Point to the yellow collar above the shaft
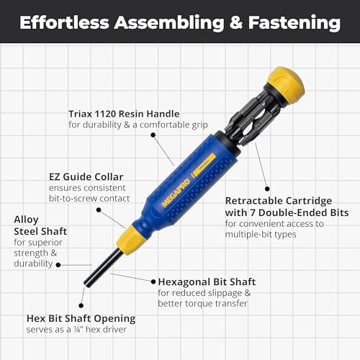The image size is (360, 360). click(132, 238)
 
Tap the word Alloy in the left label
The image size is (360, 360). click(25, 219)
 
